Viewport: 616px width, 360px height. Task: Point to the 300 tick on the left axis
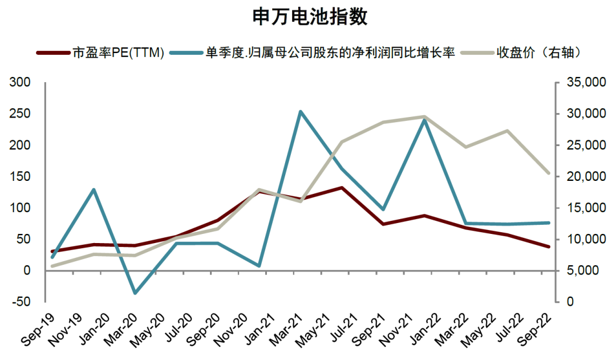(20, 83)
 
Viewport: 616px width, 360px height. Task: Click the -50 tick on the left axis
(20, 302)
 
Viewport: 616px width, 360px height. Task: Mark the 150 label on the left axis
(20, 177)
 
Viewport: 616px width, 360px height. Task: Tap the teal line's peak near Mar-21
(301, 112)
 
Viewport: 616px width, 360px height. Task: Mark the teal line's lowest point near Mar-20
(135, 293)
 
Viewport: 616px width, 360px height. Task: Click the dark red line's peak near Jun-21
(341, 188)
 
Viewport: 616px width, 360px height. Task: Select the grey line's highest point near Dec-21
(425, 117)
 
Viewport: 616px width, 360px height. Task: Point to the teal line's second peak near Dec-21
(424, 120)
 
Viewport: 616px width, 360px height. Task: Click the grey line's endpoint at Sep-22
(549, 173)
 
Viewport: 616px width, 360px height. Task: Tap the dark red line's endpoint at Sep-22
(549, 246)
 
